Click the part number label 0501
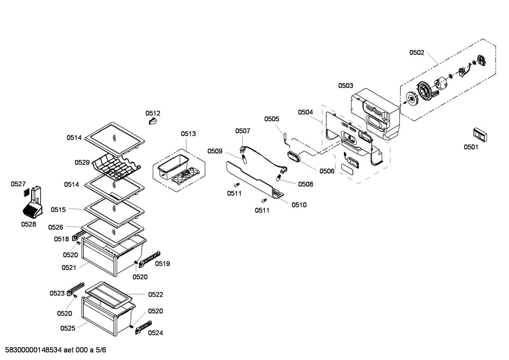(x=471, y=147)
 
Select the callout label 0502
(x=417, y=53)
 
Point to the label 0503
(x=345, y=85)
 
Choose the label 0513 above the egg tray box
(x=188, y=134)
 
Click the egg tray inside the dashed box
(x=185, y=175)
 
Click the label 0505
(x=271, y=119)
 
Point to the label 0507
(x=242, y=131)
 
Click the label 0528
(x=28, y=224)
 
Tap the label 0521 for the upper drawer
(x=69, y=267)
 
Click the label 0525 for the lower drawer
(x=67, y=328)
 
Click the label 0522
(x=155, y=294)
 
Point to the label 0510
(x=299, y=205)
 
